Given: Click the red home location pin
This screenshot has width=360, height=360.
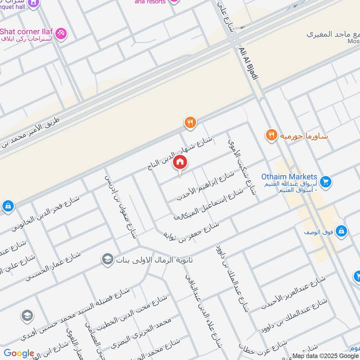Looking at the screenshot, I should click(x=180, y=163).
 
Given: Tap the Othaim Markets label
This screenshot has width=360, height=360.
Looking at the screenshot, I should click(x=289, y=177).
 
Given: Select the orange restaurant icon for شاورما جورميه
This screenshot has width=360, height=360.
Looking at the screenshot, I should click(x=271, y=135).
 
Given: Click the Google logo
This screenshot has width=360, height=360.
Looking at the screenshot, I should click(x=19, y=353).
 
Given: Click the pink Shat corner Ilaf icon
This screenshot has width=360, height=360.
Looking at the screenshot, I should click(x=61, y=33).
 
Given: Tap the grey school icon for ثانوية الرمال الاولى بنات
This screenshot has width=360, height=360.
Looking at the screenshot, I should click(x=107, y=260).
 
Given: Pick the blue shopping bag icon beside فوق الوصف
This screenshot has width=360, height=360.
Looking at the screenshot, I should click(x=342, y=231).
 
